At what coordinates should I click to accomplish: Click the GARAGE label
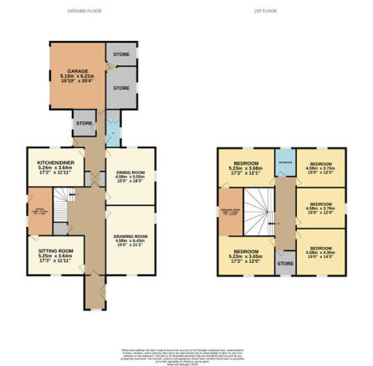(x=77, y=72)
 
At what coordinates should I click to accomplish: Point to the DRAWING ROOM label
(x=130, y=237)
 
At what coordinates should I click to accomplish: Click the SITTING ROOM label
(x=56, y=250)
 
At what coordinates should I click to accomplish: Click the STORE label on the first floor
(x=285, y=263)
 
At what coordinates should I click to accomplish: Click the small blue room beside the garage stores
(x=111, y=130)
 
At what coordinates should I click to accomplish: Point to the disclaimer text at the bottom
(x=186, y=353)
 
